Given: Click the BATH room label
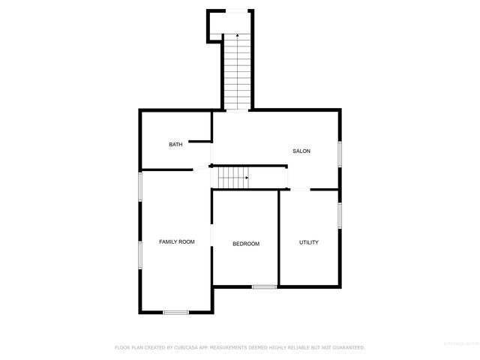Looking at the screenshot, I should click(175, 145).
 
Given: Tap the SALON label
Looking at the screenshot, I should click(301, 151).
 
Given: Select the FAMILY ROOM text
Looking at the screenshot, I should click(177, 241).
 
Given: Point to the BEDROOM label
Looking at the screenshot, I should click(246, 244).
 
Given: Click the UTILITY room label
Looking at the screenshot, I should click(309, 242).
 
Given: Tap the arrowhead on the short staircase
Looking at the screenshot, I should click(246, 178).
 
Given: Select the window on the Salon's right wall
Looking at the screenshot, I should click(340, 153).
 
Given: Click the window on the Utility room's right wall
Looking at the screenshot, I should click(340, 215).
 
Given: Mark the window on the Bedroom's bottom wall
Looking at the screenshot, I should click(264, 286).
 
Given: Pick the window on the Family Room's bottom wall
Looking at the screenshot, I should click(176, 312).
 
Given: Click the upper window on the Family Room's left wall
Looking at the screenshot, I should click(140, 187).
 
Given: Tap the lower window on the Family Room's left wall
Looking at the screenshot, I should click(140, 253).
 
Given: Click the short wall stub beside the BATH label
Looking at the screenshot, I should click(198, 139).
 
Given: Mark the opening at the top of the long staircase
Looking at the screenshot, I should click(237, 10).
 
